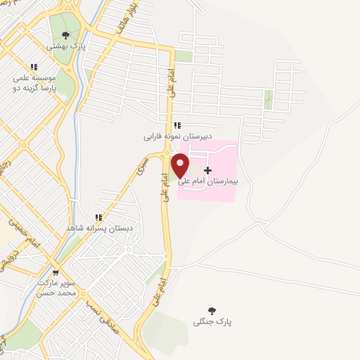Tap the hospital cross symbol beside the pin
coord(208,170)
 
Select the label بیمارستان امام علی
coord(210,181)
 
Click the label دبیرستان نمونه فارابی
coord(178,135)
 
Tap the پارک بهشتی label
coord(66,45)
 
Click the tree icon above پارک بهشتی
coord(66,34)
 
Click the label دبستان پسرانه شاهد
coord(99,229)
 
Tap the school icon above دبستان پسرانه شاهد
coord(99,218)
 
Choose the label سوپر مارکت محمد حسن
coord(55,286)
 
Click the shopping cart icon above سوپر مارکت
coord(56,273)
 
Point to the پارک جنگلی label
coord(212,321)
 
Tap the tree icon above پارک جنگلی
coord(212,310)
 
